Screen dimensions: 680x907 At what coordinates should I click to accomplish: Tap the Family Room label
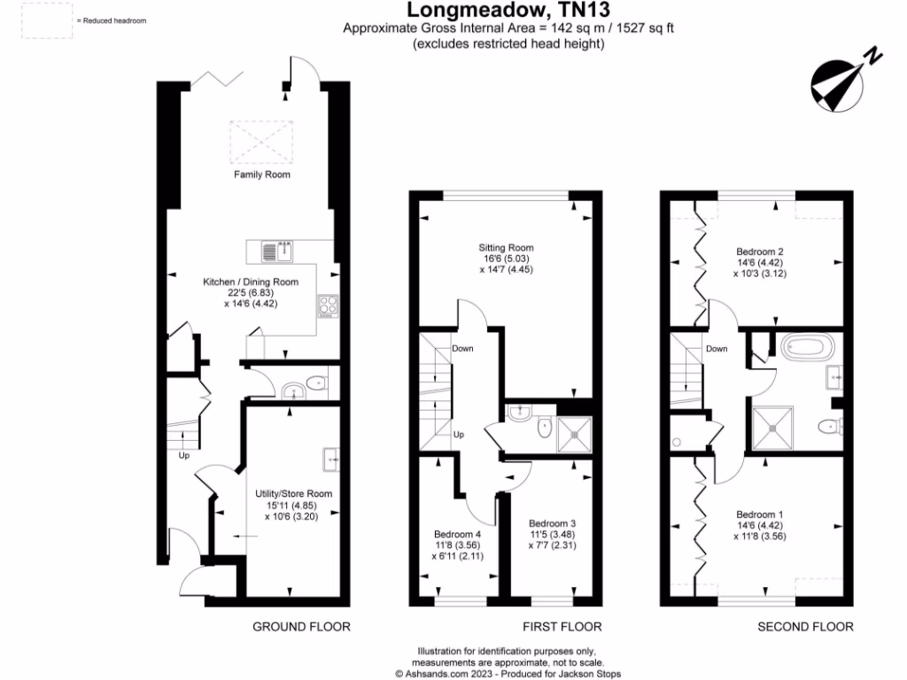coord(262,174)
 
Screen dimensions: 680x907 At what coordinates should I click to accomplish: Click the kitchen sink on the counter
coord(277,251)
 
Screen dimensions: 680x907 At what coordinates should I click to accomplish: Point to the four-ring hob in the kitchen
coord(328,305)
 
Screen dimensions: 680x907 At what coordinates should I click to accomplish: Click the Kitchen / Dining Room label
coord(251,282)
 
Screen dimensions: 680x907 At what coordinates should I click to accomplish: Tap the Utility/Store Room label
coord(285,493)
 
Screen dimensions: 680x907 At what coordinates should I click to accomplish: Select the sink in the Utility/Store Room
coord(330,459)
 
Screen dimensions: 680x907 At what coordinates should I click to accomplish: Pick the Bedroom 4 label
coord(457,534)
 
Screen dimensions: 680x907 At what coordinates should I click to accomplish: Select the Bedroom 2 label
coord(760,251)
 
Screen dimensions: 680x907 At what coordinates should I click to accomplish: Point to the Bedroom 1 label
coord(760,514)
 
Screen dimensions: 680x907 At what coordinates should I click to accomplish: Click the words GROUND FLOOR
coord(302,627)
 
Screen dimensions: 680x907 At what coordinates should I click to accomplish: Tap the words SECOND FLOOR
coord(805,627)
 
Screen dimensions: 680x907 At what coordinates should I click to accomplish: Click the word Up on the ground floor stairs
coord(184,456)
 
